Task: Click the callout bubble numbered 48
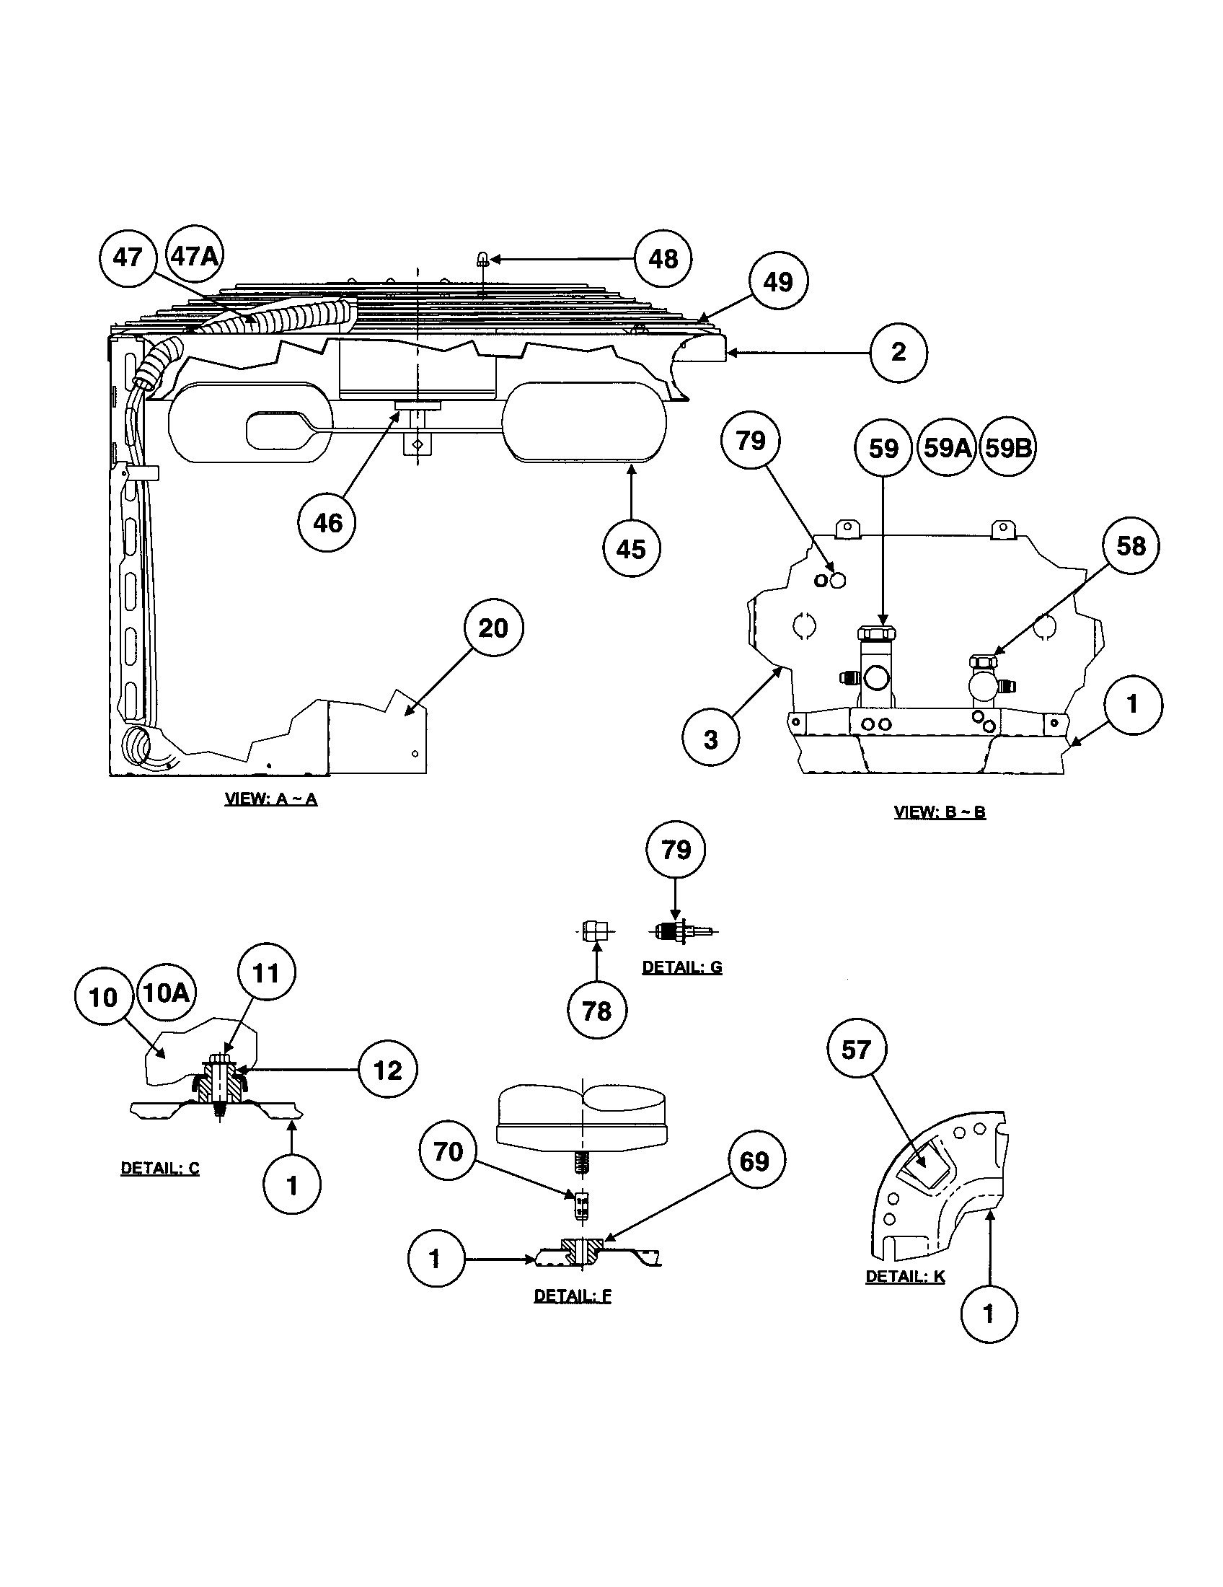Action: pyautogui.click(x=662, y=259)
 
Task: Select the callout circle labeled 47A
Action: pyautogui.click(x=195, y=256)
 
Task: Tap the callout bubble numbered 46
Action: pyautogui.click(x=327, y=522)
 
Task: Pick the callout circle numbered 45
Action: pyautogui.click(x=631, y=549)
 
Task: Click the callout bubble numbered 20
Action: pyautogui.click(x=493, y=628)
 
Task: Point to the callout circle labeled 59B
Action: pyautogui.click(x=1007, y=448)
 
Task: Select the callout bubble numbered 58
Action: pyautogui.click(x=1131, y=546)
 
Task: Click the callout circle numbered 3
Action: pyautogui.click(x=710, y=739)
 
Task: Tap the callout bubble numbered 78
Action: pyautogui.click(x=596, y=1011)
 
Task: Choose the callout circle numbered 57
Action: pyautogui.click(x=856, y=1050)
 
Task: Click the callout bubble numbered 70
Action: pyautogui.click(x=448, y=1151)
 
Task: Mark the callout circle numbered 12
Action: pyautogui.click(x=388, y=1070)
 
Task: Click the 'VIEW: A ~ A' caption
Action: pyautogui.click(x=271, y=799)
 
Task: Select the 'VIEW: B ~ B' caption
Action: pyautogui.click(x=939, y=812)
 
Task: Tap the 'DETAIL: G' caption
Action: pyautogui.click(x=682, y=968)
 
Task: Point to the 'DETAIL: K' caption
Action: pyautogui.click(x=905, y=1276)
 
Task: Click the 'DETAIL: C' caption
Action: pyautogui.click(x=160, y=1169)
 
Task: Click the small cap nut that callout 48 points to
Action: pyautogui.click(x=482, y=259)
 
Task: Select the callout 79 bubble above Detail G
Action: pyautogui.click(x=676, y=850)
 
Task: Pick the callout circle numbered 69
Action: pyautogui.click(x=754, y=1161)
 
